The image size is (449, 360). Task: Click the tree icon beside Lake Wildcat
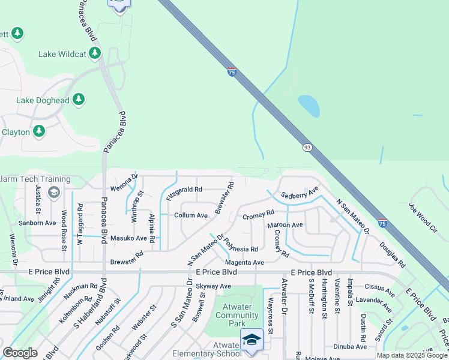(94, 54)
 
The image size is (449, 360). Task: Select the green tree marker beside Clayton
(39, 131)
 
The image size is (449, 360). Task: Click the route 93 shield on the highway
(307, 148)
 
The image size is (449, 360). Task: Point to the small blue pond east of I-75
(309, 106)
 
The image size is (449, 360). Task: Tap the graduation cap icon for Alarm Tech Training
(53, 192)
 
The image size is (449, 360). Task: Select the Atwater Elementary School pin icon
(252, 340)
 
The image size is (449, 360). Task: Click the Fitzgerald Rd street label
(184, 190)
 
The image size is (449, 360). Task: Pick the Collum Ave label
(190, 215)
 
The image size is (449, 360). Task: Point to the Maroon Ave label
(285, 225)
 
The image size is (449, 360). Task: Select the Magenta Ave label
(244, 263)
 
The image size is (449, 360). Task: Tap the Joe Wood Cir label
(423, 217)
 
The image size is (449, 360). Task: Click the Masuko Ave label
(128, 238)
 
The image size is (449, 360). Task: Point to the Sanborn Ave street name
(37, 223)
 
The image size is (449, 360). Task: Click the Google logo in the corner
(20, 353)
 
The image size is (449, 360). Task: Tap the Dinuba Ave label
(351, 347)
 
